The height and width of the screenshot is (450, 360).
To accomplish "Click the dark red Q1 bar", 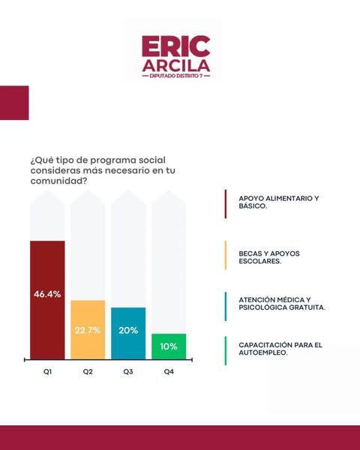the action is tap(47, 300).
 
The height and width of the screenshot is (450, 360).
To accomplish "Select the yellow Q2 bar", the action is tap(88, 330).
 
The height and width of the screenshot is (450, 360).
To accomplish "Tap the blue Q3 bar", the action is tap(128, 333).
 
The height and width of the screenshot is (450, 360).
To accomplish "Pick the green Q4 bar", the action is tap(169, 346).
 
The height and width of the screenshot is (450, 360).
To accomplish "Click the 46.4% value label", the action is tap(47, 294).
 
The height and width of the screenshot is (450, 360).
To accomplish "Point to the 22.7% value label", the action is tap(88, 330).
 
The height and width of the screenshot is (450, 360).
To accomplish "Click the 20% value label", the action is tap(128, 330).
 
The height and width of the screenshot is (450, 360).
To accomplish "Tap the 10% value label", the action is tap(169, 346).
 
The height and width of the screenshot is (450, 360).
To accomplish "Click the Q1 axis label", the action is tap(47, 372).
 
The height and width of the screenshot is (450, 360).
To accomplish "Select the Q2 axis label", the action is tap(88, 372).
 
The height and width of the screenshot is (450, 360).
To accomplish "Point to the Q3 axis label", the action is tap(128, 372).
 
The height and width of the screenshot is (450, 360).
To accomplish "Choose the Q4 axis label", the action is tap(169, 372).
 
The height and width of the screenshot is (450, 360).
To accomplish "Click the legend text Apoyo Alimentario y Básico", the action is tap(279, 202).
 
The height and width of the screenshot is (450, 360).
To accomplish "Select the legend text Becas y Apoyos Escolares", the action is tap(269, 257).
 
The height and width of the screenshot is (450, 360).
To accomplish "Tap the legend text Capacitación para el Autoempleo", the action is tap(280, 349).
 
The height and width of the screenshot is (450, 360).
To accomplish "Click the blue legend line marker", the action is tap(226, 307).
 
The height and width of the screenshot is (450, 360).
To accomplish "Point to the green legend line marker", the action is tap(226, 351).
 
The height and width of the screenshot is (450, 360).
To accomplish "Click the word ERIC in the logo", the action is tap(176, 46).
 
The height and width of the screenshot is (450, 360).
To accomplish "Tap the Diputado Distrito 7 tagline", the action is tap(176, 76).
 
